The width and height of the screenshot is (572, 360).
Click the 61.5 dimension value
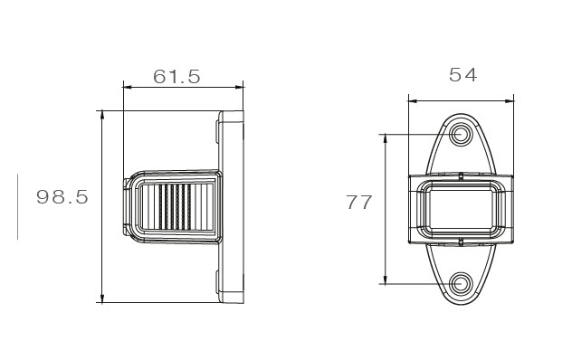tap(176, 77)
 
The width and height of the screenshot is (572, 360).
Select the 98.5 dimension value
tap(62, 197)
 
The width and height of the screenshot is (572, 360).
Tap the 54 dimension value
tap(462, 75)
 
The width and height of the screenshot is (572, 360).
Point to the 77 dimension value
tap(359, 203)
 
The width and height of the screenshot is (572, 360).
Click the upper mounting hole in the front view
tap(461, 134)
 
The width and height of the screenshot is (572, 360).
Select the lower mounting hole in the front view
tap(461, 283)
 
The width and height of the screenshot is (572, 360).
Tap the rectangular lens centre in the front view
tap(461, 209)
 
